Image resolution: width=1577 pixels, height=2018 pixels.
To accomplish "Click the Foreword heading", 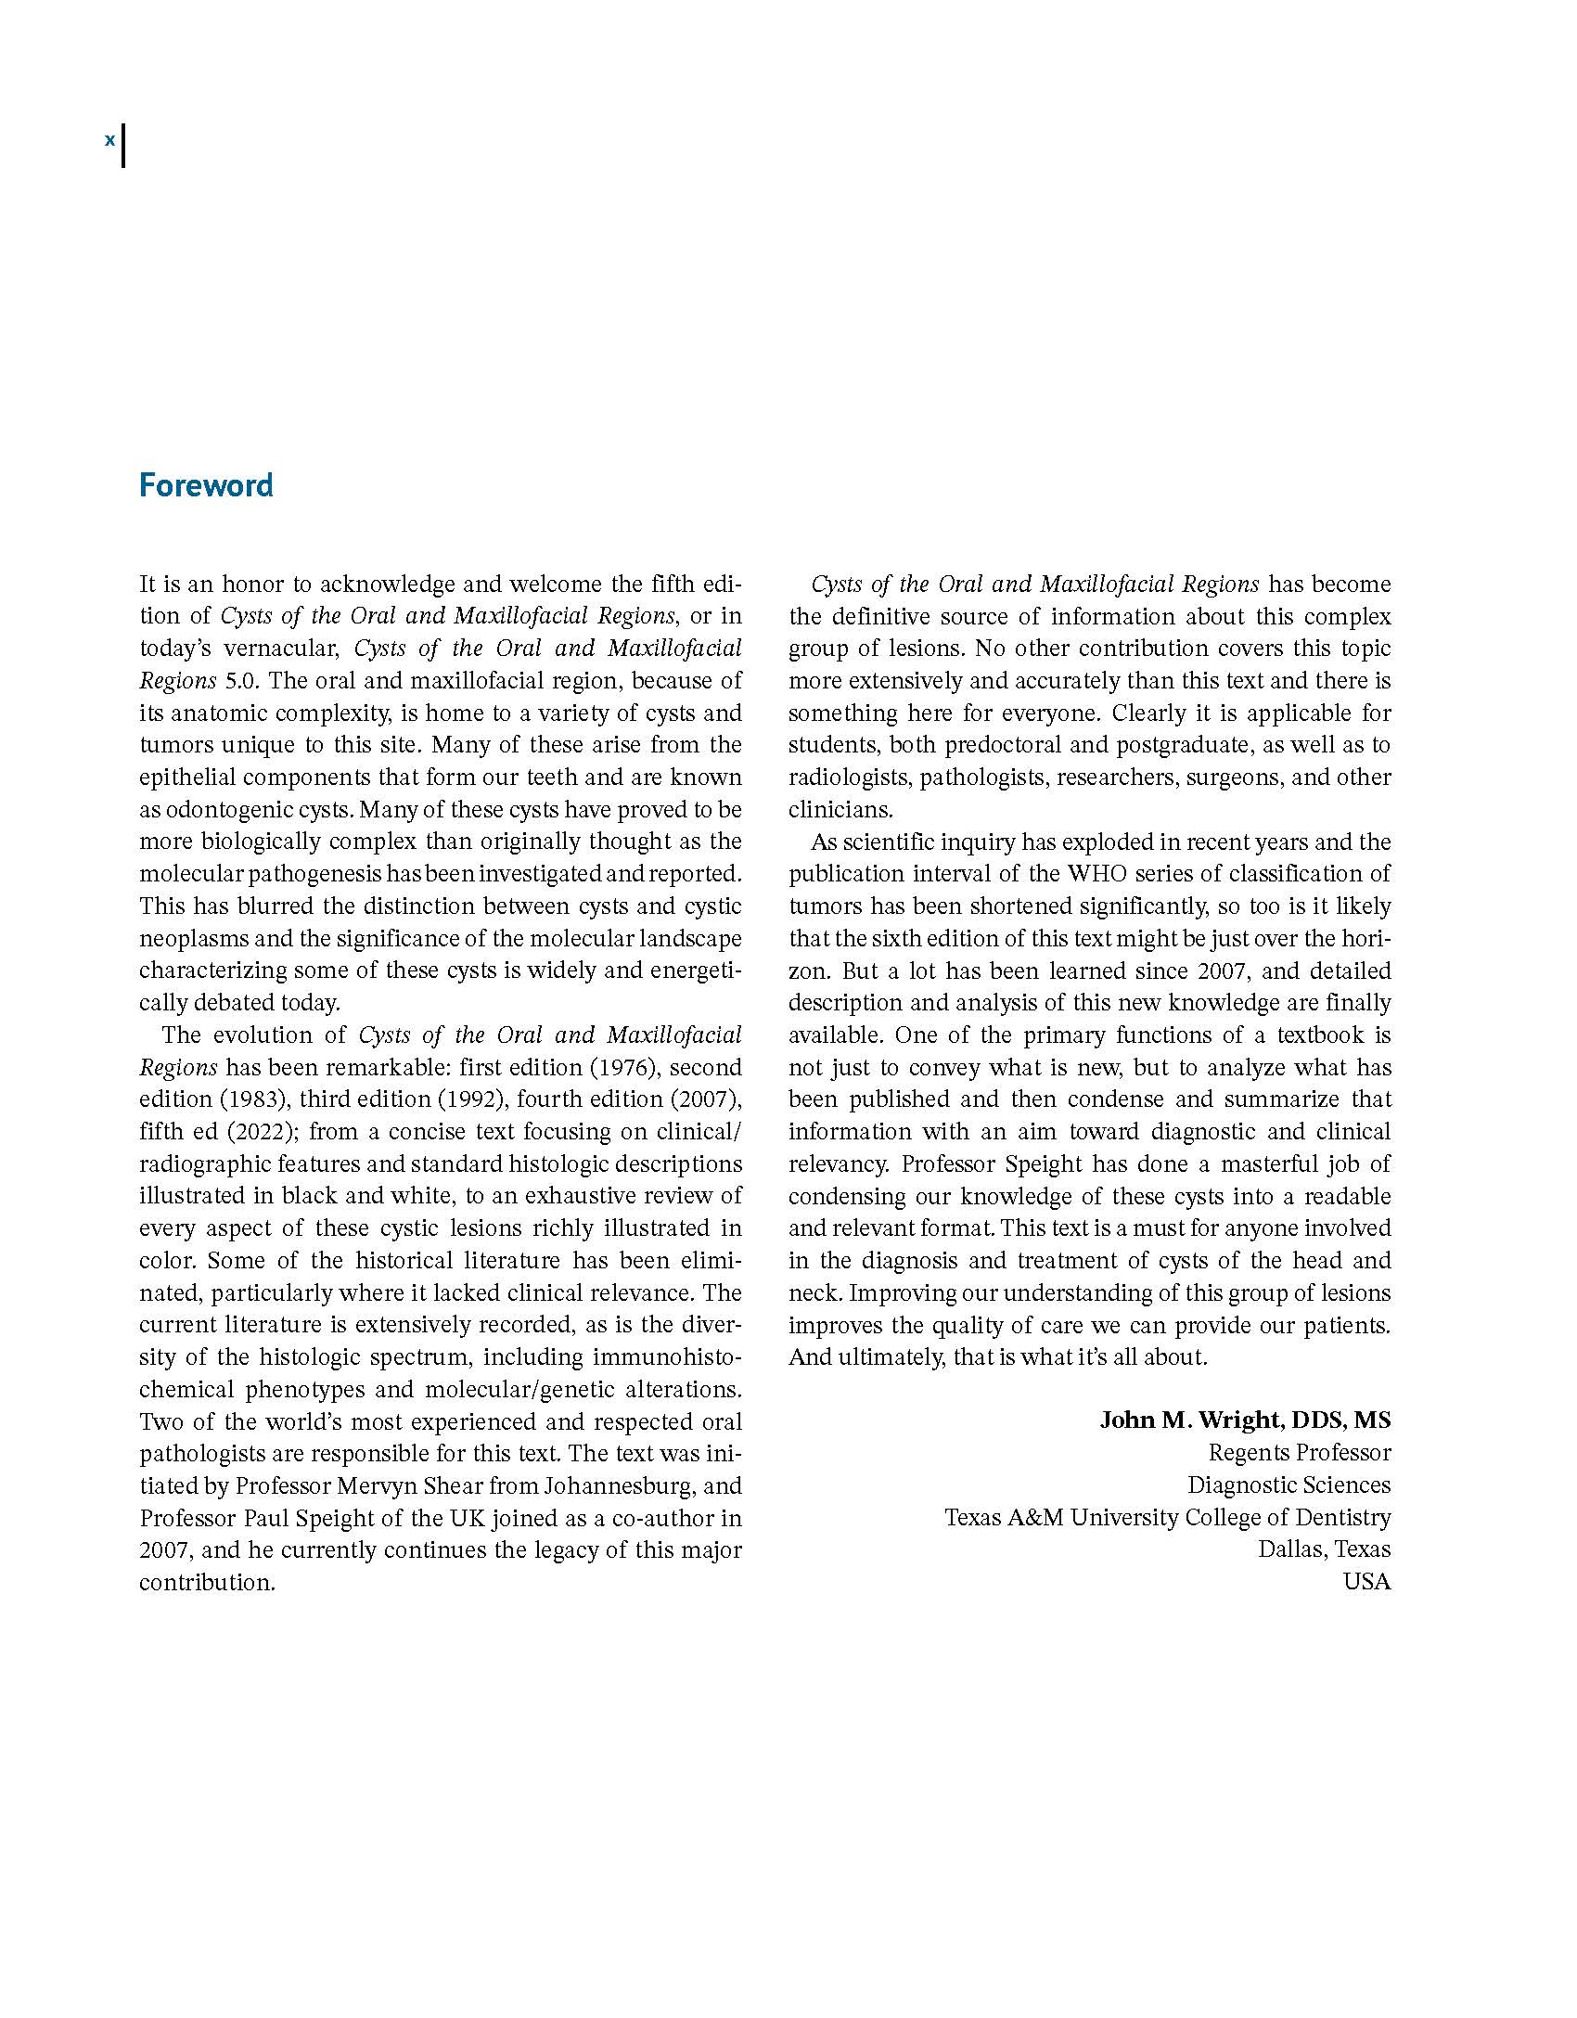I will [x=206, y=485].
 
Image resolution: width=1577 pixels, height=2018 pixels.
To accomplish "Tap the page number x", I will [x=109, y=140].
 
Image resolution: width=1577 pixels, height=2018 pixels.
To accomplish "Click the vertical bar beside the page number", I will [x=123, y=146].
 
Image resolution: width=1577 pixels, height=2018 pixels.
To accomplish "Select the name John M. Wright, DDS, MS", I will [x=1245, y=1420].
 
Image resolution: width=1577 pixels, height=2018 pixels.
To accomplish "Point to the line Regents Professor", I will [x=1299, y=1453].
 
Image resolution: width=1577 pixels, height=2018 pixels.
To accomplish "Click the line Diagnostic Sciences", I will [x=1289, y=1485].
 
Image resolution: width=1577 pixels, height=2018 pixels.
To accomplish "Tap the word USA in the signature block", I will [x=1366, y=1582].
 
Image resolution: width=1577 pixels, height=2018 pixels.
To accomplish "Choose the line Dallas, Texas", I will [x=1324, y=1549].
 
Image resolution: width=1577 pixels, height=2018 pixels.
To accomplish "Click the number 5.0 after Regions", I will [x=242, y=681].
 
